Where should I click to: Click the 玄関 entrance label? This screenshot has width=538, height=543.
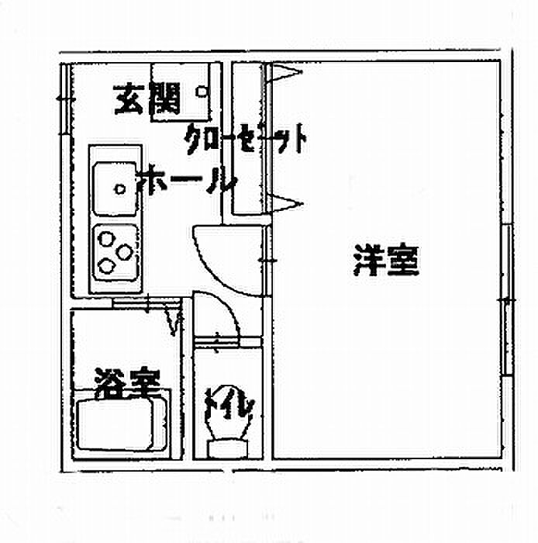[147, 99]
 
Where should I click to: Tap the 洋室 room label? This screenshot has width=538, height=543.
[386, 260]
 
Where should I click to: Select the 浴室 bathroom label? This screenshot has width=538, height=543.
[127, 383]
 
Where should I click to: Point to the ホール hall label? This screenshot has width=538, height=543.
[187, 180]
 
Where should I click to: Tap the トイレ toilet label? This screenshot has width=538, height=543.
[229, 403]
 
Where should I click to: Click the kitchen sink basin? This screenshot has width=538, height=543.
[116, 188]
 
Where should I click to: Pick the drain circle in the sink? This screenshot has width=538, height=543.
[120, 189]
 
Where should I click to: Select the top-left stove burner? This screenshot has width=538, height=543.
[106, 239]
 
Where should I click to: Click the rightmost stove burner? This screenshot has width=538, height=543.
[125, 252]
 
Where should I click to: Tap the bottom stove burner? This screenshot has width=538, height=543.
[106, 266]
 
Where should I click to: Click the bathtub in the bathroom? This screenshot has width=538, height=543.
[115, 424]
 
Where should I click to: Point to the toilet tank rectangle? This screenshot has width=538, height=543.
[228, 449]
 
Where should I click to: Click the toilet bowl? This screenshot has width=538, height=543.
[228, 413]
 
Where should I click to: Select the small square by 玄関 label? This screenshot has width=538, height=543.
[201, 92]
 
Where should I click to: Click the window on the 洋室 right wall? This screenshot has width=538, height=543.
[507, 300]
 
